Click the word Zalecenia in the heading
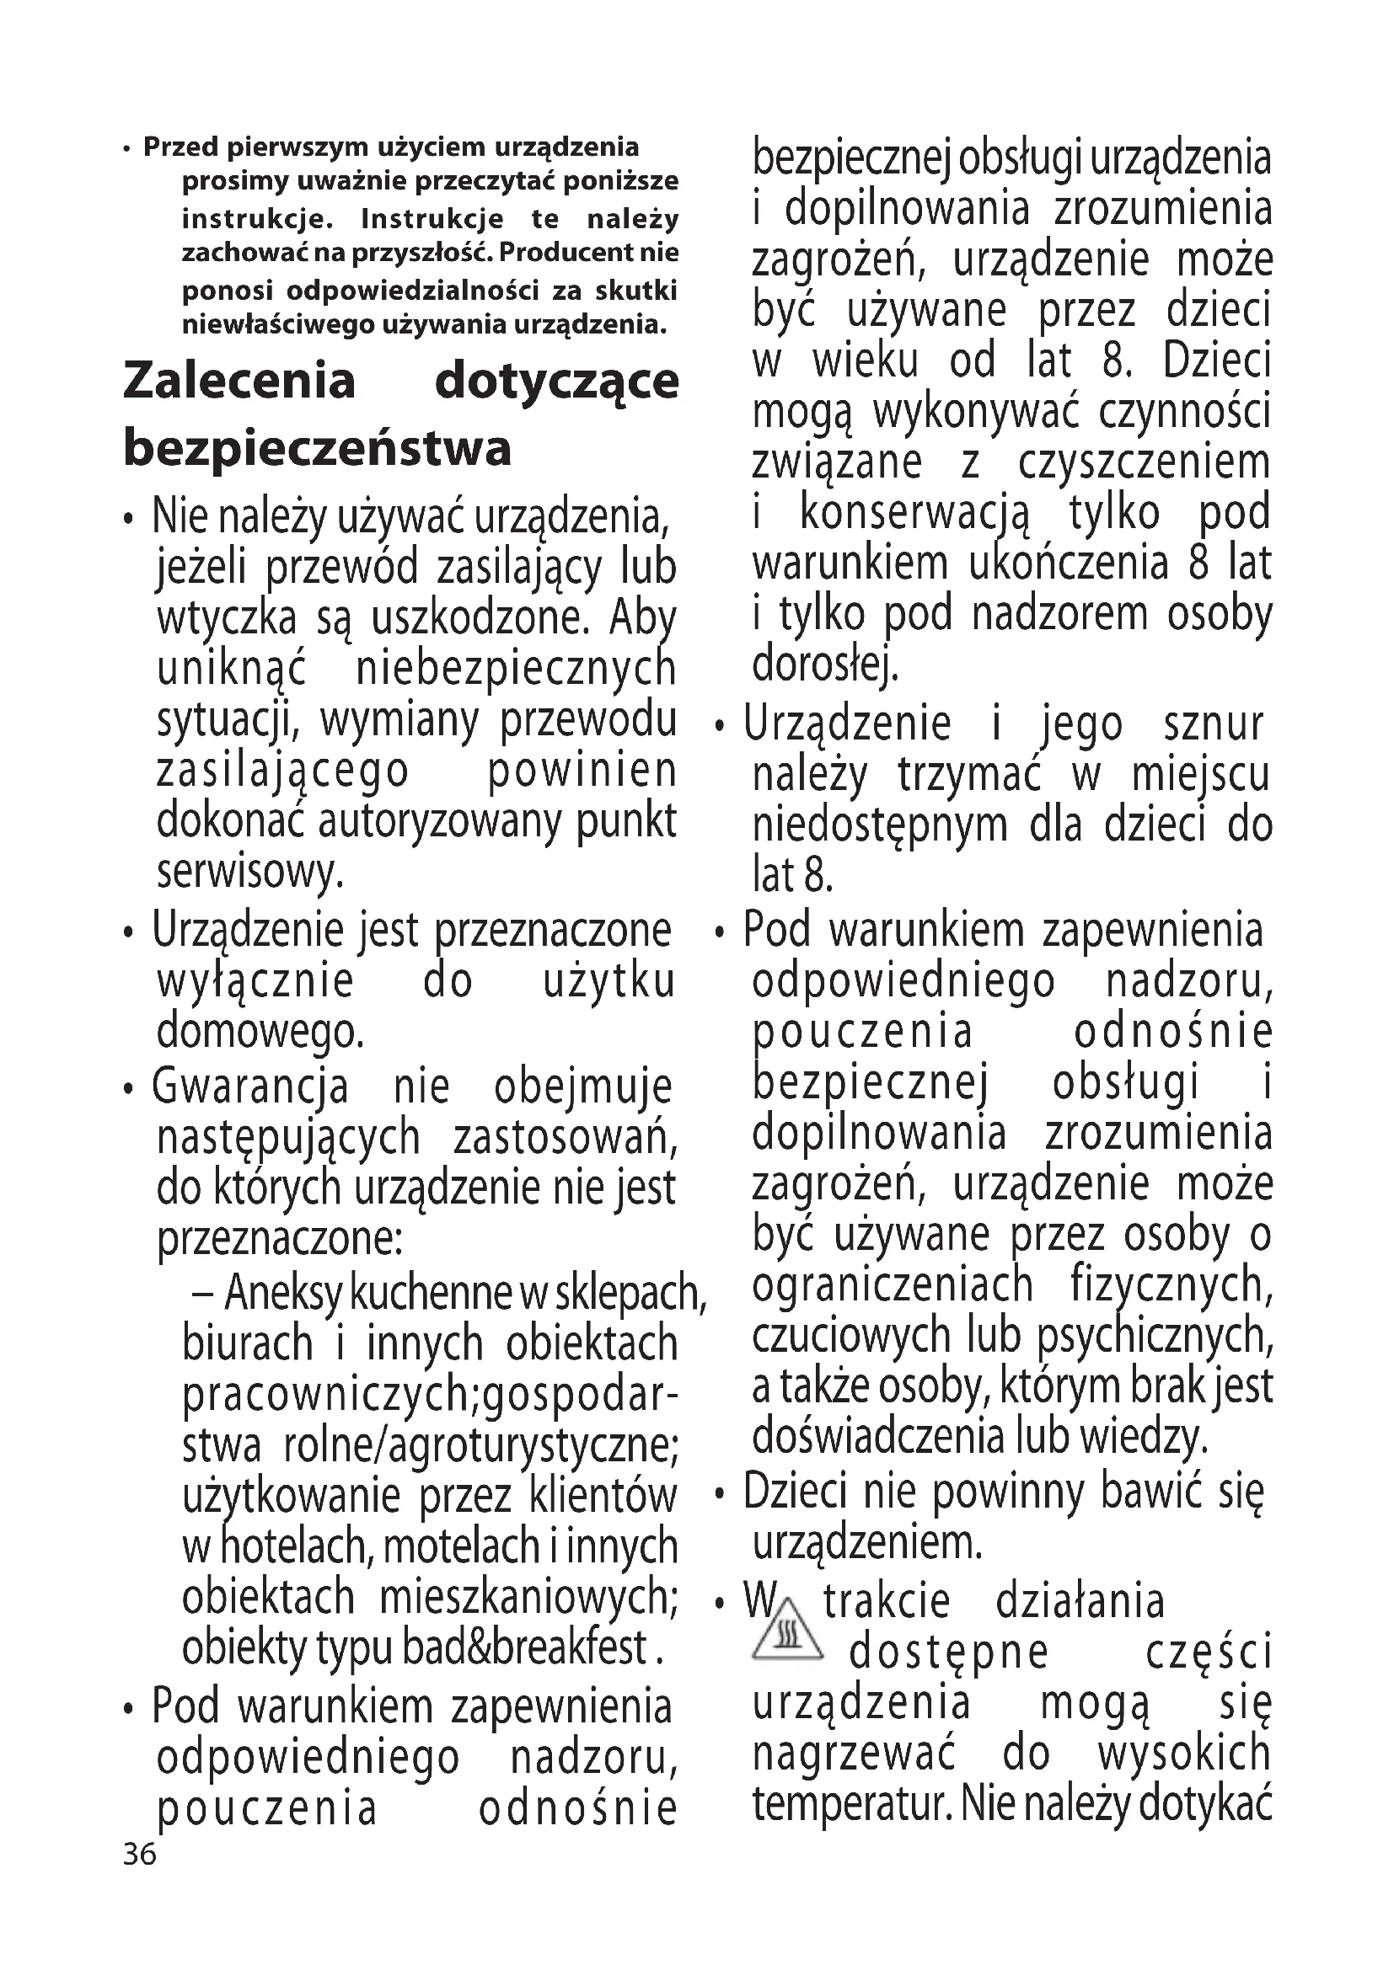[x=239, y=382]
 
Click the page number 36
[x=140, y=1855]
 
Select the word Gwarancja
[x=249, y=1087]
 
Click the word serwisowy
[x=249, y=873]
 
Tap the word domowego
[x=260, y=1033]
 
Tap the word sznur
[x=1213, y=725]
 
